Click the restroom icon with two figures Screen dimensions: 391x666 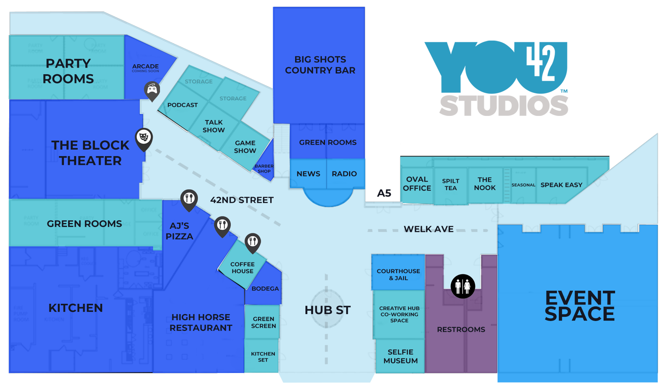[x=463, y=286]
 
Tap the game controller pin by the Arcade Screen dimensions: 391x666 [x=152, y=90]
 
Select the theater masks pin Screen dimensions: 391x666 [x=144, y=137]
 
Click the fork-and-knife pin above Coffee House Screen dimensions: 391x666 [x=253, y=242]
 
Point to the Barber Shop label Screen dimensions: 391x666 [x=264, y=169]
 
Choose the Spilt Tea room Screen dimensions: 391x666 [x=451, y=185]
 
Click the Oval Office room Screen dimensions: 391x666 [x=417, y=184]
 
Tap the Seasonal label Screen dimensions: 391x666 [x=523, y=185]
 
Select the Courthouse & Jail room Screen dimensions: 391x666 [x=398, y=274]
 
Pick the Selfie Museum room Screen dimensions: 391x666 [x=400, y=356]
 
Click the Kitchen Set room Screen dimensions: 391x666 [x=263, y=357]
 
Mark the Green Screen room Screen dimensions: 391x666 [x=263, y=322]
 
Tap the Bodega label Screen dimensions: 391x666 [x=265, y=289]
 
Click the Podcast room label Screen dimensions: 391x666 [x=183, y=105]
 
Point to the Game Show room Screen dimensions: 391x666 [x=245, y=147]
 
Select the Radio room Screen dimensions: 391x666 [x=344, y=174]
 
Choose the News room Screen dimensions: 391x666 [x=308, y=174]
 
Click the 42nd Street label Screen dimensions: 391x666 [x=242, y=200]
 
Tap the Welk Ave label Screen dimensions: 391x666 [x=428, y=229]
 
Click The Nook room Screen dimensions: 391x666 [x=485, y=184]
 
